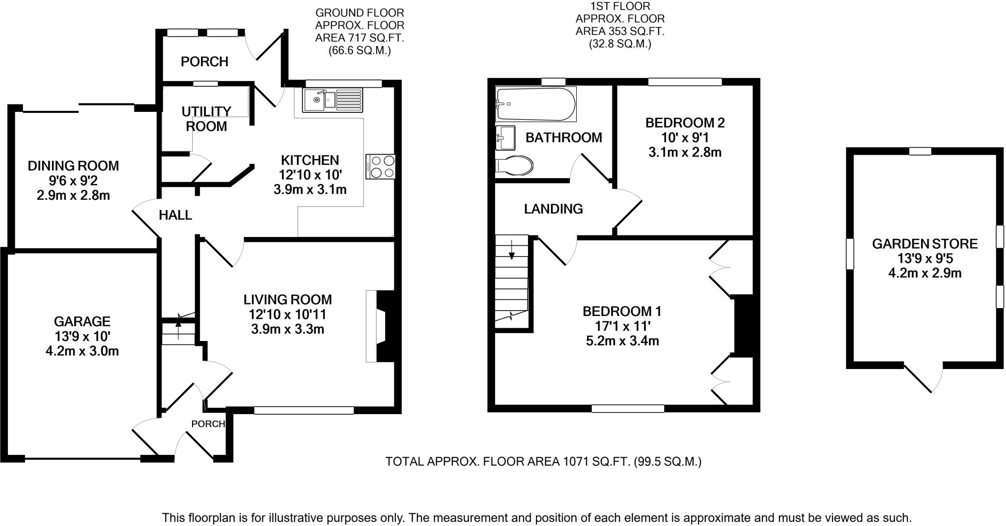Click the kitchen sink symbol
(332, 101)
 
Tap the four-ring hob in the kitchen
(380, 167)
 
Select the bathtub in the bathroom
(535, 104)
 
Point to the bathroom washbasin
(505, 137)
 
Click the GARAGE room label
(82, 321)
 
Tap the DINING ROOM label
(73, 166)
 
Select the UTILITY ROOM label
(206, 119)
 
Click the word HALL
(175, 215)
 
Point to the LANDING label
(553, 209)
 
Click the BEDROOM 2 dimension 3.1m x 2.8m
(685, 152)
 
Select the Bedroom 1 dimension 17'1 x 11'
(622, 326)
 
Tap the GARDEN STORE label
(924, 244)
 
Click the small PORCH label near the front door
(208, 424)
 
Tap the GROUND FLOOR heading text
(360, 13)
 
